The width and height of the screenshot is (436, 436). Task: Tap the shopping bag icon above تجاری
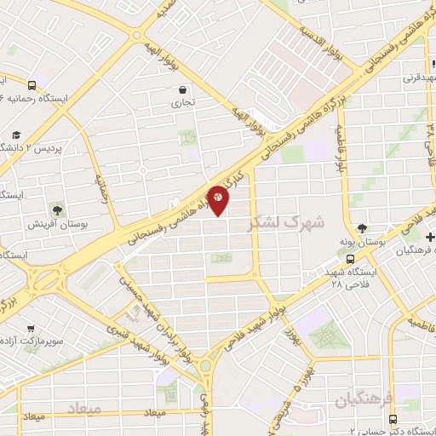coord(183,89)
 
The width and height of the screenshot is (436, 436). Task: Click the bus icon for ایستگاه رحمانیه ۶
coord(32,84)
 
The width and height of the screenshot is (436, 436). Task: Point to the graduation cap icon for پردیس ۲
coord(15,135)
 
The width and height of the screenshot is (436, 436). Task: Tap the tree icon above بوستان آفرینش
coord(57,209)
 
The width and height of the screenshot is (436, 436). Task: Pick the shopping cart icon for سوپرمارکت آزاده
coord(31,328)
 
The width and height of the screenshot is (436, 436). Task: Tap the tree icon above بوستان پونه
coord(363,228)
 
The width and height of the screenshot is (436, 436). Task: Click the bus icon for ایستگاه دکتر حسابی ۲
coord(392,420)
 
